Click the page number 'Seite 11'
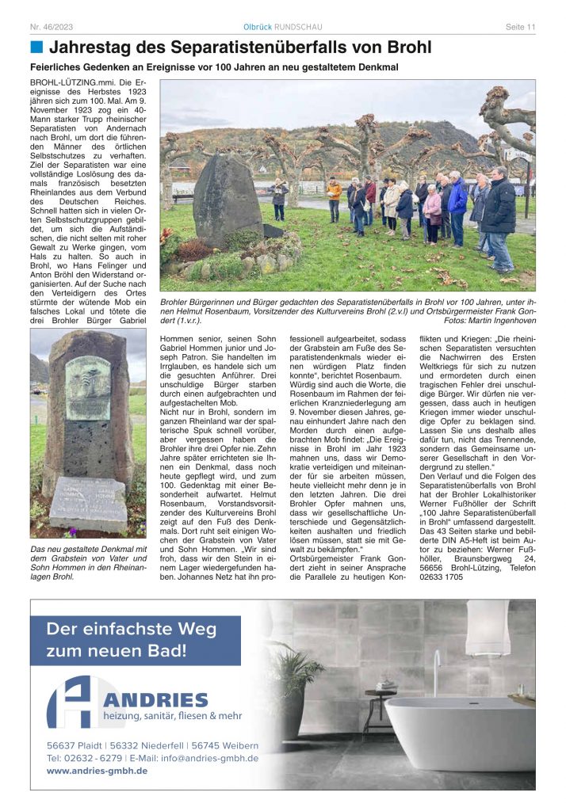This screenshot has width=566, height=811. tap(520, 27)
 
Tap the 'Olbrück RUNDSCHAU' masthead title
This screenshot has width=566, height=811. tap(282, 27)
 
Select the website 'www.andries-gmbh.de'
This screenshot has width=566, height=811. tap(97, 771)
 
